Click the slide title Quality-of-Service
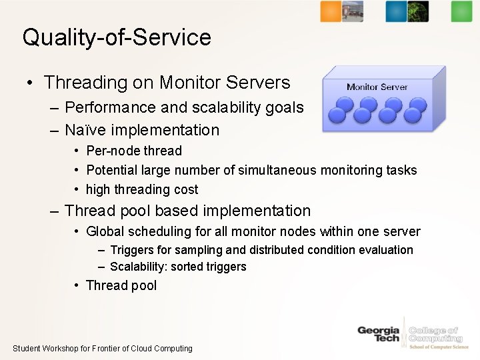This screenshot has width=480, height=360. pos(117,37)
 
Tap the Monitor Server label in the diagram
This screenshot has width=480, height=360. pos(377,87)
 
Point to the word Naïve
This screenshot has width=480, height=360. pos(85,130)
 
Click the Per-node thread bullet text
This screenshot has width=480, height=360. pos(134,151)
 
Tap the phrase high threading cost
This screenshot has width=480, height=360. pos(142,189)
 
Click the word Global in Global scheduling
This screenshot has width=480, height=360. pos(105,231)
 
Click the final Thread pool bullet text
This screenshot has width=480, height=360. pos(121,285)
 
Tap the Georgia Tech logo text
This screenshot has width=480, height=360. pos(378,334)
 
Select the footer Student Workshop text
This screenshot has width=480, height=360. pos(103,348)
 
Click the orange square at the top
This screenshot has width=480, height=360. pos(331,11)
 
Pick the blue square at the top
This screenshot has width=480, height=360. pos(396,11)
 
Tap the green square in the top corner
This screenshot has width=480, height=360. pos(461,11)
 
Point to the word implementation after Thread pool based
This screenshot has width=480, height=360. pos(257,211)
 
